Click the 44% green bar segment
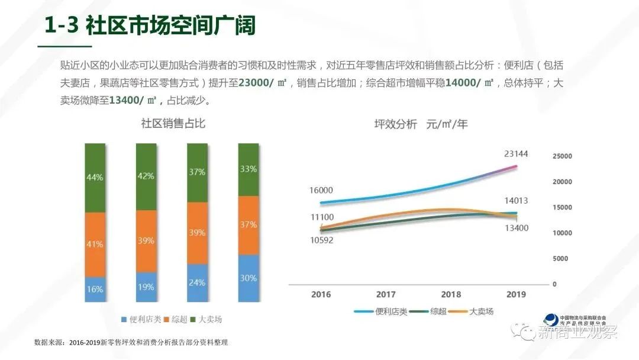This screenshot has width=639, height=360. point(95,177)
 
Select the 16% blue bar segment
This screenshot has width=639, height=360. point(95,289)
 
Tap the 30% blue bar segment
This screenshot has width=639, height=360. point(248,278)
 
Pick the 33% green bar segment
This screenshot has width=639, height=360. point(248,169)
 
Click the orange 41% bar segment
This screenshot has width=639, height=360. point(95,244)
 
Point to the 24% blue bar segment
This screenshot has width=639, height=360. point(198,282)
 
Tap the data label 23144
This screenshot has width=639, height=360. point(516,154)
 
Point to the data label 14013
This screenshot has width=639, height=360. point(516,201)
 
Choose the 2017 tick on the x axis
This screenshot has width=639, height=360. point(386,294)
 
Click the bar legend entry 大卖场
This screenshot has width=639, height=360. point(209,320)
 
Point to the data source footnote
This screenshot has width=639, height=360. point(131,343)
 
